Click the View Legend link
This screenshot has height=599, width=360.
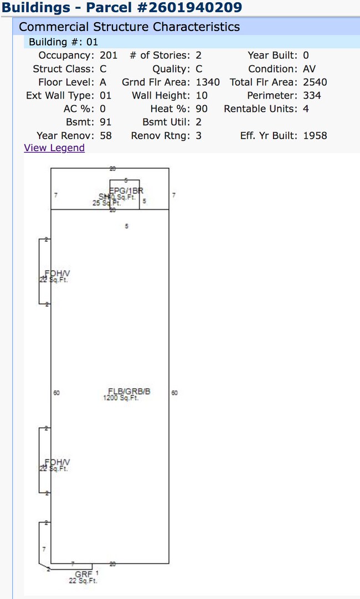tap(54, 148)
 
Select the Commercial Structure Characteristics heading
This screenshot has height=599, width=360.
tap(129, 27)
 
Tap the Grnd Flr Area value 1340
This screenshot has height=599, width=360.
tap(208, 82)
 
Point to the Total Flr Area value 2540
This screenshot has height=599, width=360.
tap(315, 82)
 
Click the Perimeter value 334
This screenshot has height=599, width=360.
tap(312, 95)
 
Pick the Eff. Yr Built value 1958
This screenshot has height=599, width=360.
tap(315, 135)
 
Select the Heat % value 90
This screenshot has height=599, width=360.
tap(202, 109)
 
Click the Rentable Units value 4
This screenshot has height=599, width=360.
tap(306, 109)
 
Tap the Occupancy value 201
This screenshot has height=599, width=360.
tap(109, 55)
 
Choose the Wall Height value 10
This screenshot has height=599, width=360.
tap(202, 95)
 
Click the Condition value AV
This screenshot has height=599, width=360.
tap(310, 69)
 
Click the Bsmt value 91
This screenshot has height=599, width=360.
tap(105, 122)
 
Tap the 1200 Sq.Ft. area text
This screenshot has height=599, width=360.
tap(121, 398)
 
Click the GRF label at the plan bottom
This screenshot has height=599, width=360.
tap(84, 575)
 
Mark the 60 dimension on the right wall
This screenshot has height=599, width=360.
tap(175, 393)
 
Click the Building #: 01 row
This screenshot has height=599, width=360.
tap(63, 42)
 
